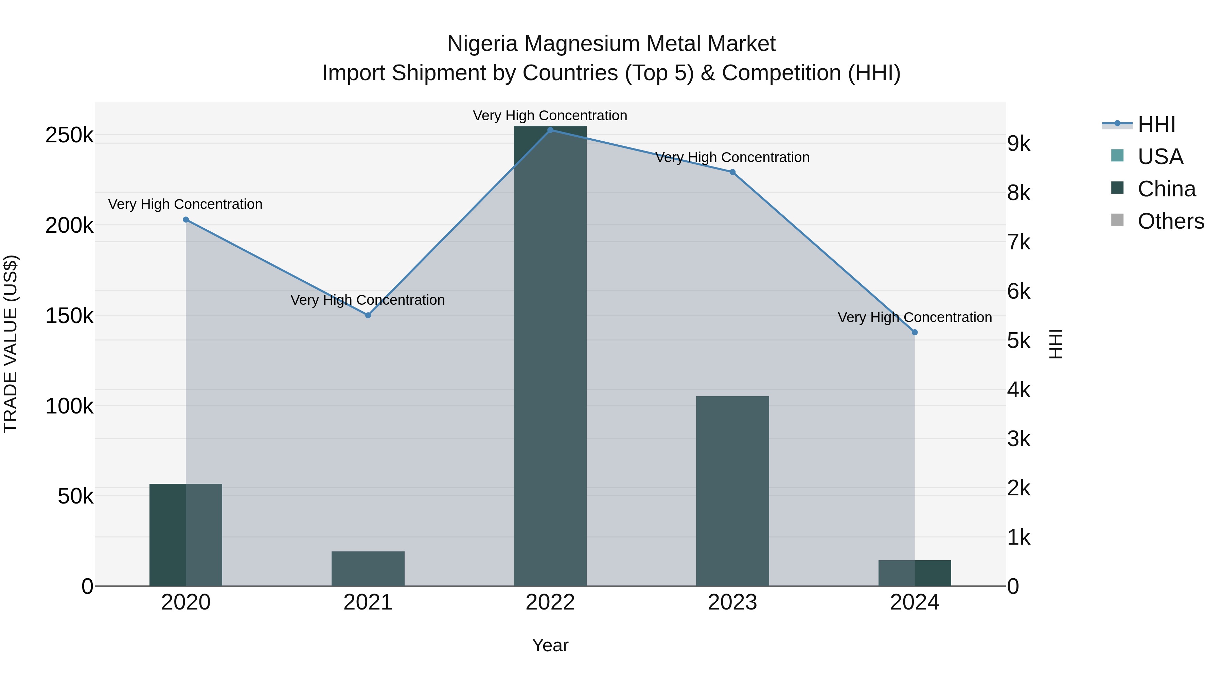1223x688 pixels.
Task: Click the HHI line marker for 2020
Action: [x=185, y=220]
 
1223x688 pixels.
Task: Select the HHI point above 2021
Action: [x=368, y=315]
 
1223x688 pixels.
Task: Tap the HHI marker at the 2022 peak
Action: [x=550, y=130]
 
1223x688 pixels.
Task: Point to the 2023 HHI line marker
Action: [x=732, y=172]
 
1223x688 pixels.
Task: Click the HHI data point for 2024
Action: [x=915, y=332]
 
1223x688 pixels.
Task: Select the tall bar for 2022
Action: [x=550, y=356]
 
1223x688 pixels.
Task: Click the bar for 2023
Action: [x=732, y=491]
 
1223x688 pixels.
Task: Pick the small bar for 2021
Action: [x=368, y=568]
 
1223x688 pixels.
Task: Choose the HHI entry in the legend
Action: [x=1156, y=124]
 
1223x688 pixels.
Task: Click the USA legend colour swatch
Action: [x=1118, y=156]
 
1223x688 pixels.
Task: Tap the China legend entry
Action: [x=1167, y=189]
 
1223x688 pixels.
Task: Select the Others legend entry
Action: [x=1171, y=221]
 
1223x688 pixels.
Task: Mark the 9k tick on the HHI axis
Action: [x=1019, y=143]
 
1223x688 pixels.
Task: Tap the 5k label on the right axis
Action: [x=1019, y=340]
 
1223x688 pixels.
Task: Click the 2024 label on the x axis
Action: [x=915, y=602]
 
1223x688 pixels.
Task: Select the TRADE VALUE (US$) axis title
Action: [x=11, y=344]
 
